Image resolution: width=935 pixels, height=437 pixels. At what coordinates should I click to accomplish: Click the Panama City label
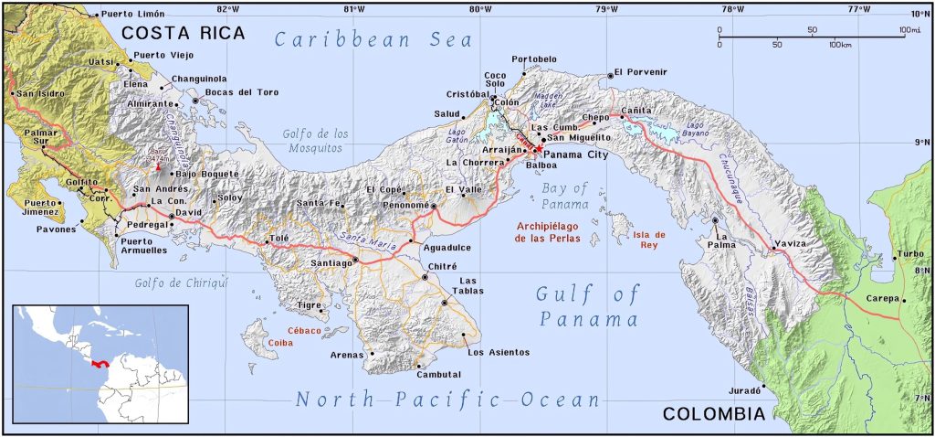click(575, 155)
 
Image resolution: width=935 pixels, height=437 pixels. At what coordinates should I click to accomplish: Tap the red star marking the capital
click(539, 148)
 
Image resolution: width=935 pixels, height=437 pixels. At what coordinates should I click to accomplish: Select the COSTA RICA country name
click(184, 34)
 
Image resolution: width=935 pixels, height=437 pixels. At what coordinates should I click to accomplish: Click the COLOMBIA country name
click(713, 414)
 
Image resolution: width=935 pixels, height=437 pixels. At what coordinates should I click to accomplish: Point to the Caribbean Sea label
click(375, 40)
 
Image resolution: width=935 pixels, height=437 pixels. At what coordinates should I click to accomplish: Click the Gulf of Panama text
click(588, 306)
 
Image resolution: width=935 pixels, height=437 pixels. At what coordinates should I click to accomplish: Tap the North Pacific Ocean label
click(447, 400)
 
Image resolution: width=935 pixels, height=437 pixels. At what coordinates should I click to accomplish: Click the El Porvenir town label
click(641, 71)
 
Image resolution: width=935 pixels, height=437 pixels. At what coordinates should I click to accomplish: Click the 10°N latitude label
click(919, 14)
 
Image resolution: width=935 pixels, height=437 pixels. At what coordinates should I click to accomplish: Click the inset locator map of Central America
click(100, 364)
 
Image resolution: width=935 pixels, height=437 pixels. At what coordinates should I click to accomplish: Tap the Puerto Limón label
click(132, 14)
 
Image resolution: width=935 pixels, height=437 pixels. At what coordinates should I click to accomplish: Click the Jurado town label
click(745, 390)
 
